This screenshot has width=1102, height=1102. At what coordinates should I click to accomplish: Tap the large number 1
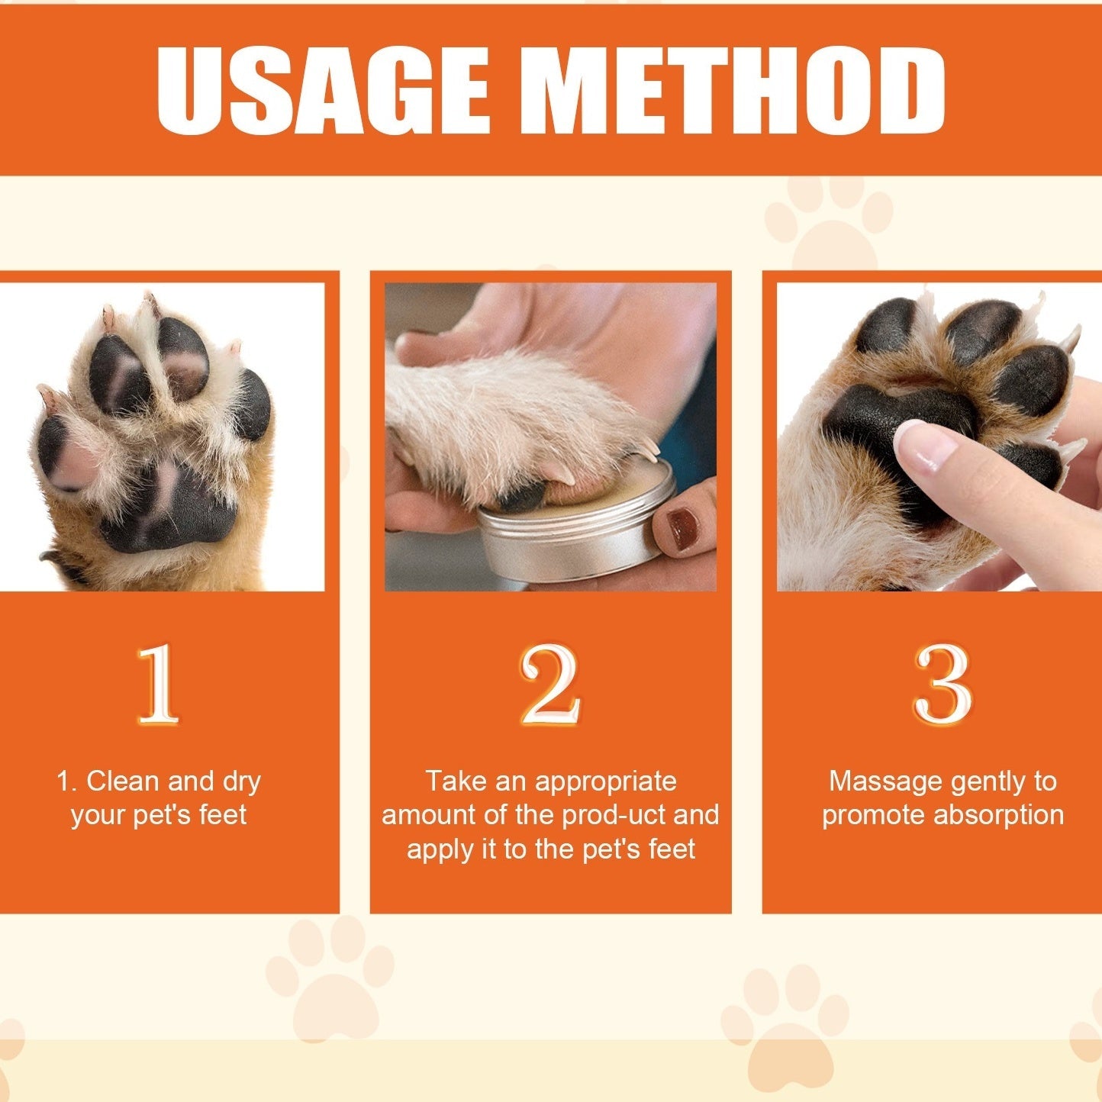coord(158,684)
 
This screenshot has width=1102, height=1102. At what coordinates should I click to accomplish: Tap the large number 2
coord(549,684)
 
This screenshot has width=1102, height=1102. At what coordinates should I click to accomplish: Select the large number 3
coord(943,684)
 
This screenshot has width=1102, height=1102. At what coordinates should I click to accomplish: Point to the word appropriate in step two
coord(605,781)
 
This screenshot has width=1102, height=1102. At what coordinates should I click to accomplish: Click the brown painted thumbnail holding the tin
coord(681,527)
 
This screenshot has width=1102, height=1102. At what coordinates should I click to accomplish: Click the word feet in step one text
coord(222,815)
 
